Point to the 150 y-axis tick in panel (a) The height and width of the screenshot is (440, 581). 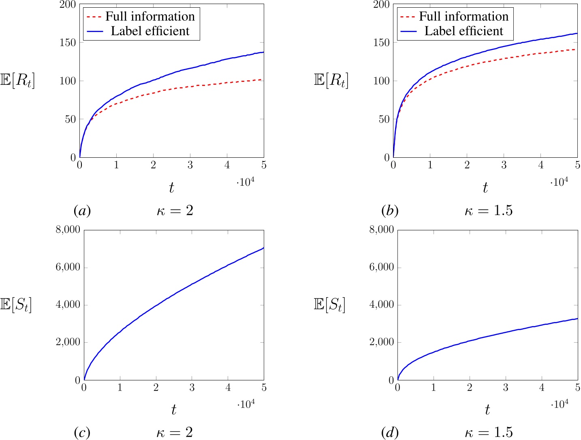click(68, 43)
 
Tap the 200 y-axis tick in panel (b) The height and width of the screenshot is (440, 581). click(382, 4)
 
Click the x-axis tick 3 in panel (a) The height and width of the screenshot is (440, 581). click(190, 165)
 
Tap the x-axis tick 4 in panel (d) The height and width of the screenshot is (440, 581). click(542, 388)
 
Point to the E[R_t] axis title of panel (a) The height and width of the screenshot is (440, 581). click(17, 81)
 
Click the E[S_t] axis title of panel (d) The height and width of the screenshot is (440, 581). click(329, 305)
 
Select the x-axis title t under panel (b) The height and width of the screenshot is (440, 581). click(485, 188)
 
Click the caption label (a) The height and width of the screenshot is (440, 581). click(82, 211)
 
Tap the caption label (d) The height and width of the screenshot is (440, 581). click(390, 433)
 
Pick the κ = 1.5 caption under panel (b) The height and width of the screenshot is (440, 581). click(488, 211)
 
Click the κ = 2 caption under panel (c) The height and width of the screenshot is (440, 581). click(175, 433)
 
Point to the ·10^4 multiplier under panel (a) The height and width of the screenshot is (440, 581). click(246, 182)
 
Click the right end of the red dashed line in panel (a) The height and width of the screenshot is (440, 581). click(263, 79)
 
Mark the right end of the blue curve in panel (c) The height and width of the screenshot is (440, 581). click(263, 248)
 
